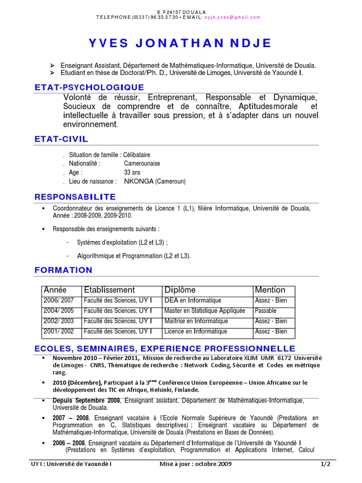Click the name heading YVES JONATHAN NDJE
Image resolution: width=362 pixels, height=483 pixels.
point(181,43)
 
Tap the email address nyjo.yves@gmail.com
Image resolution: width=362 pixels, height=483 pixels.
point(232,17)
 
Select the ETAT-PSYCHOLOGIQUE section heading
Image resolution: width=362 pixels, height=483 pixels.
point(89,87)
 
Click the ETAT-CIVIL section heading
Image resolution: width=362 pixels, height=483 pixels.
point(61,139)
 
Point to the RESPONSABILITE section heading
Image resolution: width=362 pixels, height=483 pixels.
point(75,197)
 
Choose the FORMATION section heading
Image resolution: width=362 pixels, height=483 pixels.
point(64,270)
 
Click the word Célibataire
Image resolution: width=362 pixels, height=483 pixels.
point(137,155)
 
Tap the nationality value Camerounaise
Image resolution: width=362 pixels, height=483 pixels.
point(142,163)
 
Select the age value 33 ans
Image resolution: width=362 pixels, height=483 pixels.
point(132,172)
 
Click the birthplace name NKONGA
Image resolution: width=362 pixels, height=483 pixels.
point(139,181)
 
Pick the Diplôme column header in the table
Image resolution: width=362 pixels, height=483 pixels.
point(180,290)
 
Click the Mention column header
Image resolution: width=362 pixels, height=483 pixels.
point(270,290)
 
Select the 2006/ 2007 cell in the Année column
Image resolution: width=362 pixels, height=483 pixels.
point(58,300)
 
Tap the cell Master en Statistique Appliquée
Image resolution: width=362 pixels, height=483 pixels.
point(205,311)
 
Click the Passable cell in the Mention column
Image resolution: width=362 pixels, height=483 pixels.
point(265,311)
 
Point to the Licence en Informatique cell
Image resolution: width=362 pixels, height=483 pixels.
point(196,332)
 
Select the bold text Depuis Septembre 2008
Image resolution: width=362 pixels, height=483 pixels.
point(87,400)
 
